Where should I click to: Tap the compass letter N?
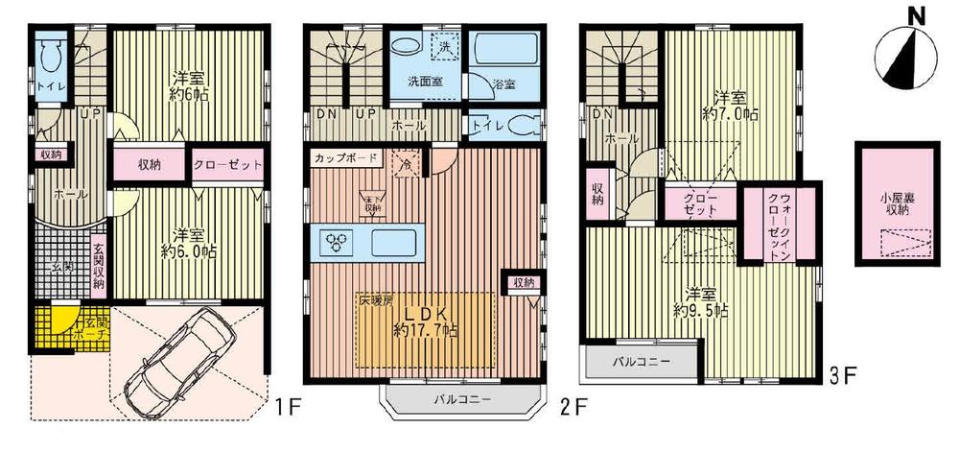point(916,16)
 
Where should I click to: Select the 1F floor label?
point(290,408)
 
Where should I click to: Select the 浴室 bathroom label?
point(503,84)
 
